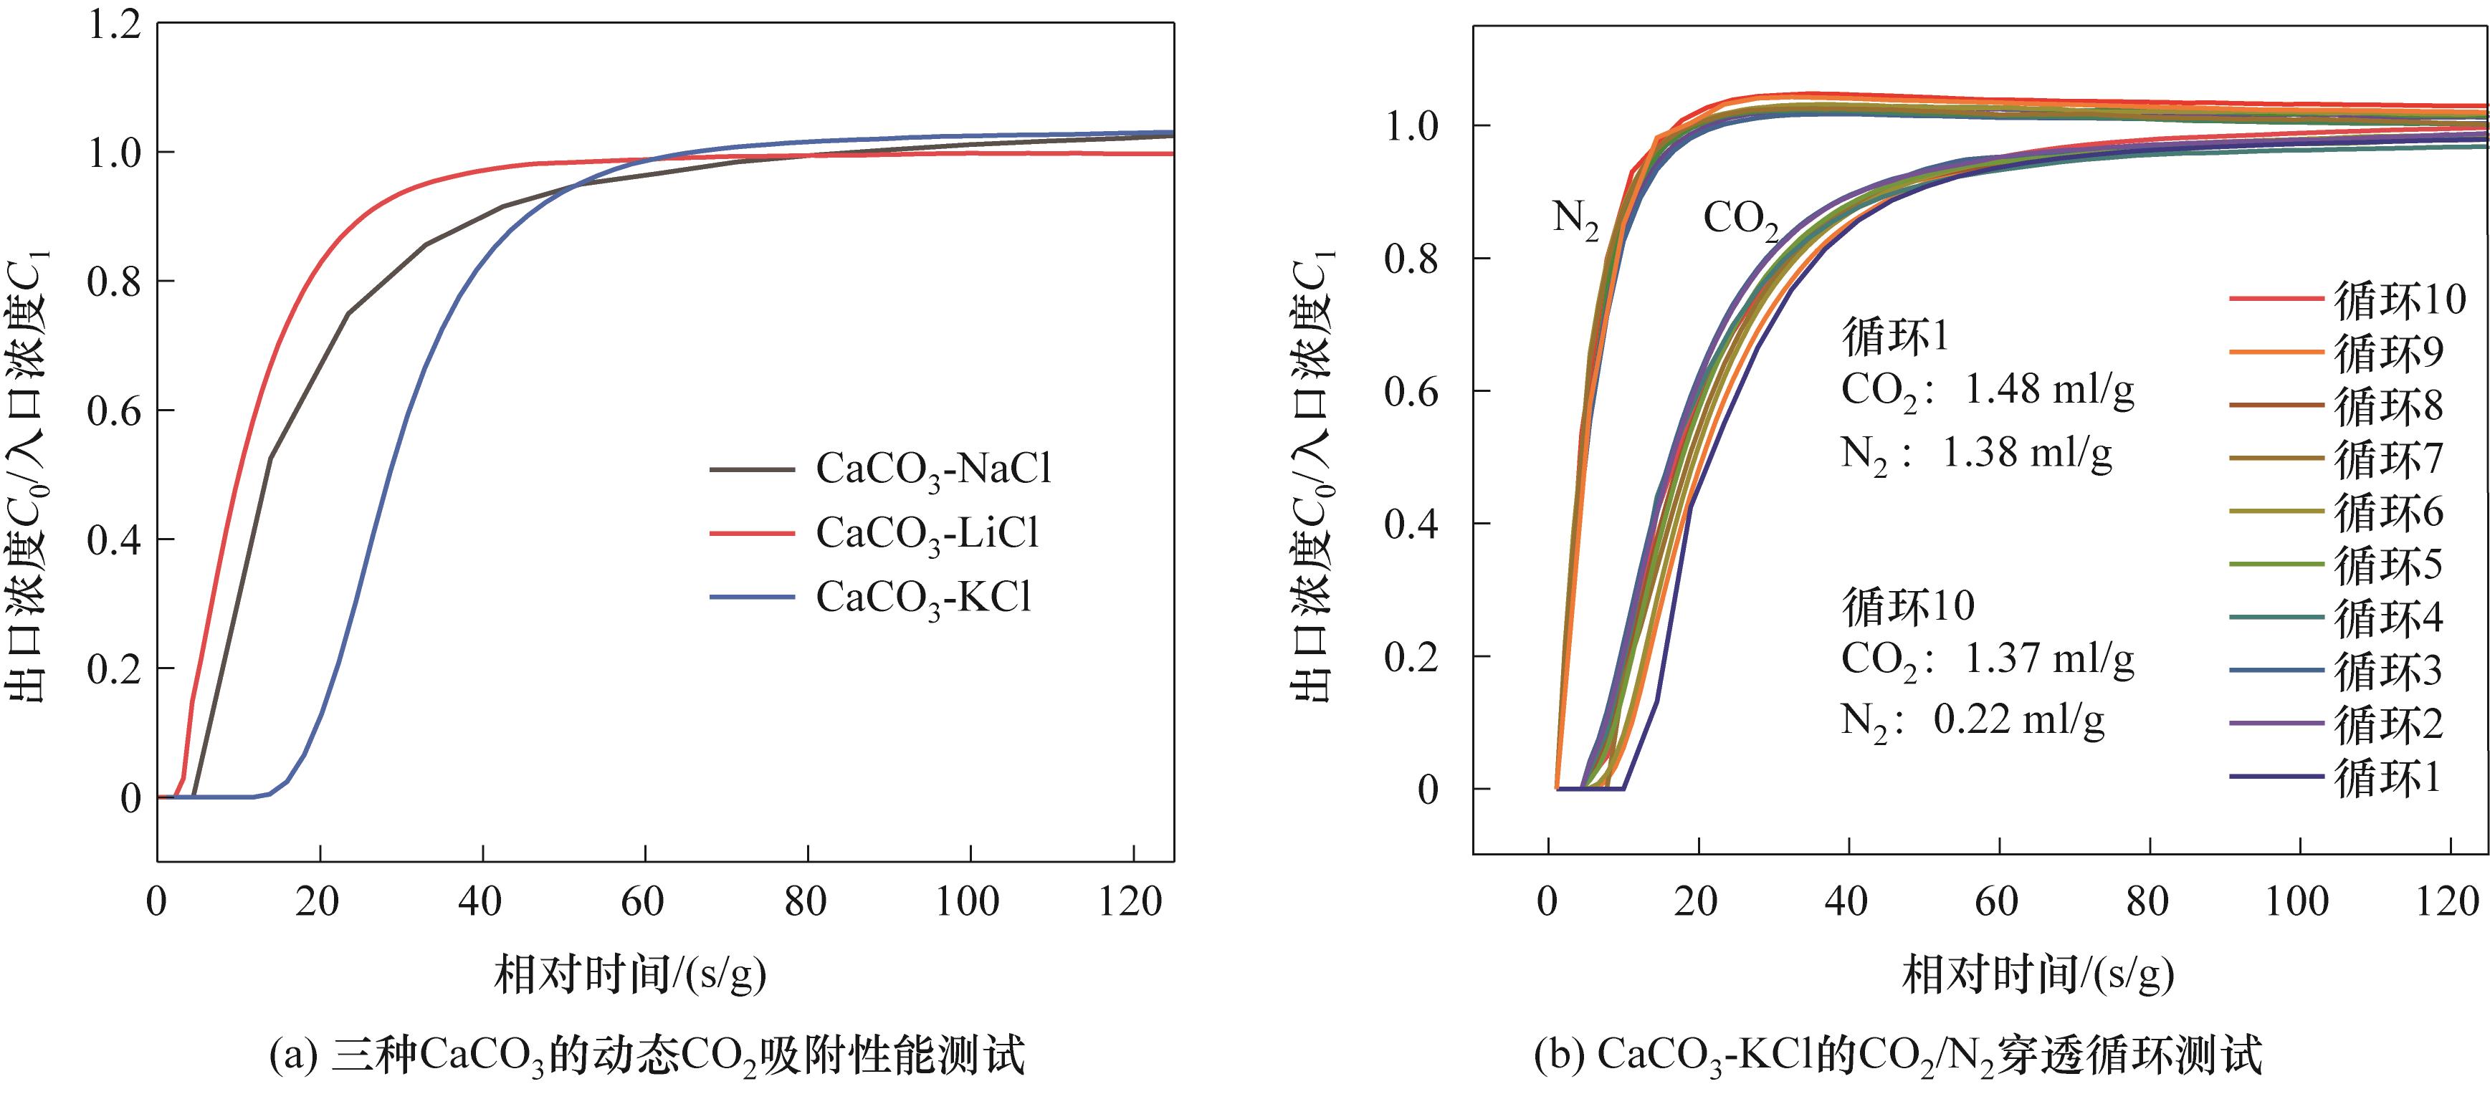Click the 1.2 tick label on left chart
pyautogui.click(x=114, y=25)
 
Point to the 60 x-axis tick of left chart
pyautogui.click(x=643, y=903)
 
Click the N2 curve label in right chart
pyautogui.click(x=1575, y=219)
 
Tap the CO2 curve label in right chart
pyautogui.click(x=1740, y=219)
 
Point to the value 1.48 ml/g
pyautogui.click(x=2049, y=390)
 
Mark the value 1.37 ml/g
pyautogui.click(x=2049, y=659)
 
